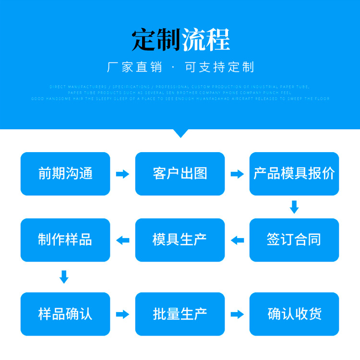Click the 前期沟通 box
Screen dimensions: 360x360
(65, 174)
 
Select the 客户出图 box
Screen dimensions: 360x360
(180, 174)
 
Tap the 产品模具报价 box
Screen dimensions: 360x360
(294, 174)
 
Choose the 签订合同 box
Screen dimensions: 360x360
(294, 240)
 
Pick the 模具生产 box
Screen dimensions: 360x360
(180, 240)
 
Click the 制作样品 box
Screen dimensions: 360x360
(65, 240)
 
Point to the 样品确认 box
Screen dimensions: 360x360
(65, 314)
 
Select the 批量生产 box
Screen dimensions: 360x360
(180, 314)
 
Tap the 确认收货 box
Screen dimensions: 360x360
(294, 314)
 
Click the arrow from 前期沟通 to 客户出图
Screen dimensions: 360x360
(123, 174)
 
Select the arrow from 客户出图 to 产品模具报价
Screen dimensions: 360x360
(237, 174)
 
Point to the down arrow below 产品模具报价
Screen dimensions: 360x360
(294, 207)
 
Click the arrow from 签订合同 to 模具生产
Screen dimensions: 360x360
(237, 240)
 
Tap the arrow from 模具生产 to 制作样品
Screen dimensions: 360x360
(123, 240)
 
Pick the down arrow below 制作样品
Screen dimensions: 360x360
(64, 277)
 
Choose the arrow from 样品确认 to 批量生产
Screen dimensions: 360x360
(123, 314)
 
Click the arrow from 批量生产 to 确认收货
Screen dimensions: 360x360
(237, 314)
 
